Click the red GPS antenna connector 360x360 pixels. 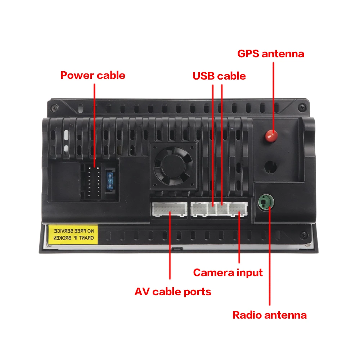pos(271,136)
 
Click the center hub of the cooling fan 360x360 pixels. pos(174,166)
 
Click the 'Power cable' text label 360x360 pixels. pos(93,75)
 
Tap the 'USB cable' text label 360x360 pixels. pos(219,76)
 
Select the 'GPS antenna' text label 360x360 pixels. pos(270,54)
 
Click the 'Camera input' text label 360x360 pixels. pos(228,273)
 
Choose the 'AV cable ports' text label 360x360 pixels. pos(173,291)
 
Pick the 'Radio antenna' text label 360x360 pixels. pos(269,315)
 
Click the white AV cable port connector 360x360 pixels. pos(169,209)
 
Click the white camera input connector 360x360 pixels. pos(239,209)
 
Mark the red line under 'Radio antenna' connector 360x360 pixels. pos(269,259)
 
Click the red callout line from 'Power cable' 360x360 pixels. pos(94,126)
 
